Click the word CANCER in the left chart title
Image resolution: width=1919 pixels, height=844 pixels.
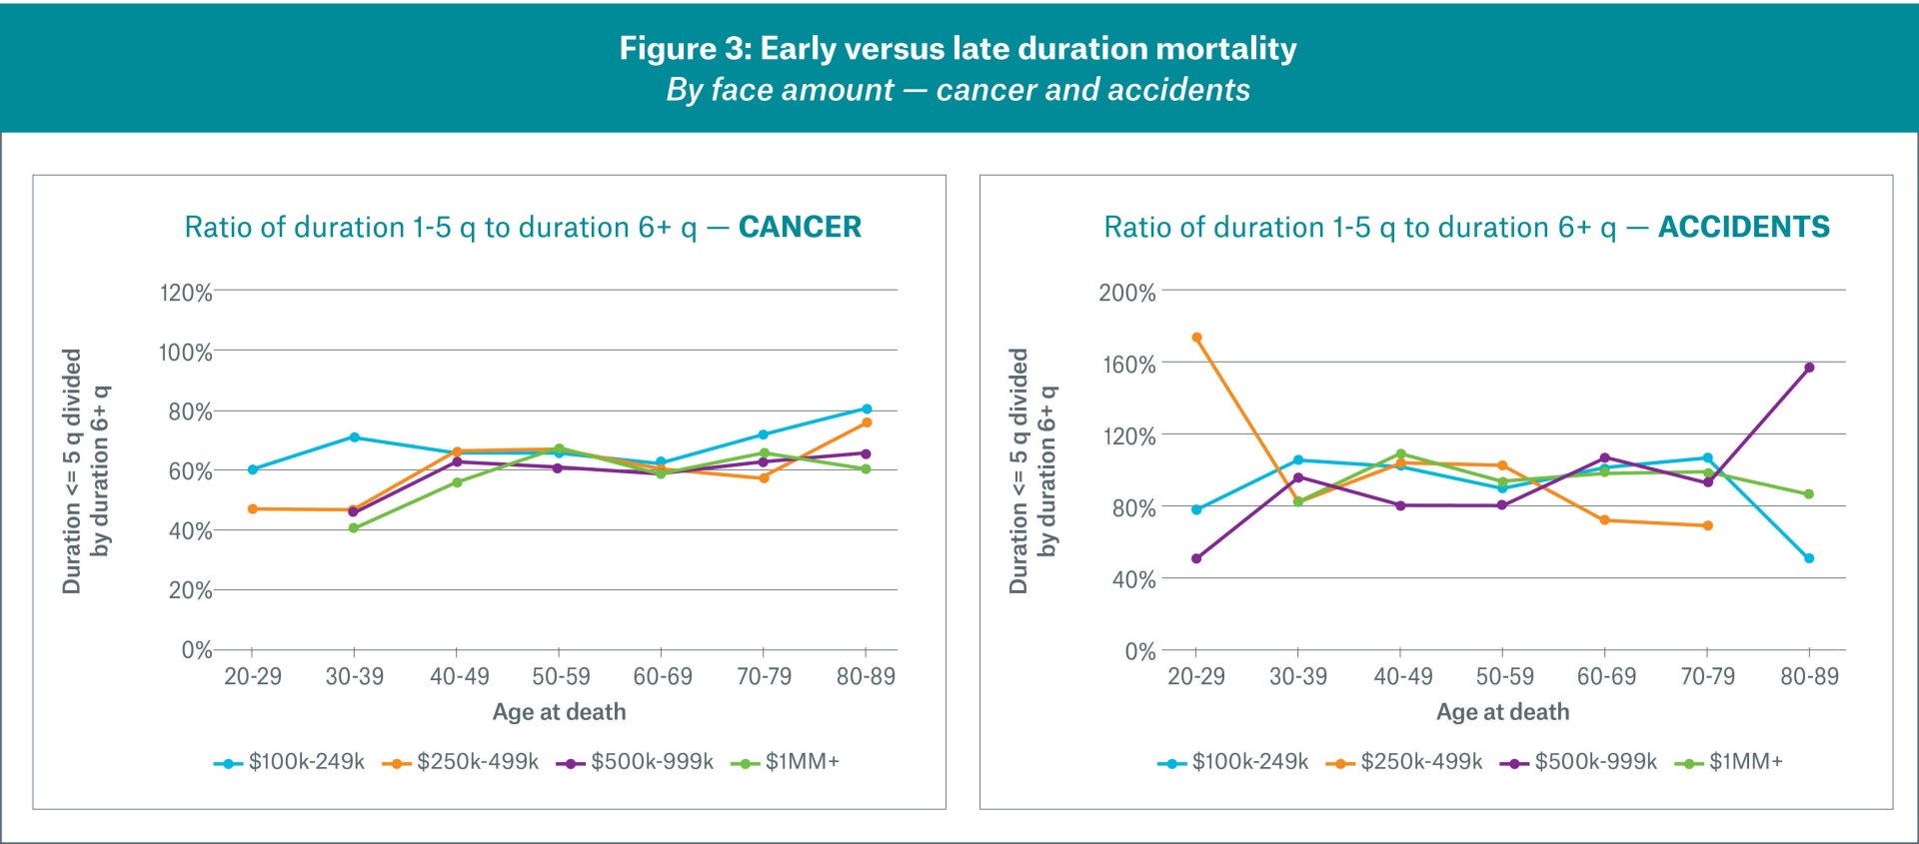[x=800, y=227]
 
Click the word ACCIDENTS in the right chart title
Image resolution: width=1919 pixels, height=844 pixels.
[x=1743, y=227]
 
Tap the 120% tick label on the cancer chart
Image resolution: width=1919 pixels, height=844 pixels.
[x=186, y=293]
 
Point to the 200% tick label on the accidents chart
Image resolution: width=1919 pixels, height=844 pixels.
[x=1127, y=293]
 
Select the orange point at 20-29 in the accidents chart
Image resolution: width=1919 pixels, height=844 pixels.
[x=1196, y=338]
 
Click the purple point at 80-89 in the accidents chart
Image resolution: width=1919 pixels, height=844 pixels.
[x=1809, y=368]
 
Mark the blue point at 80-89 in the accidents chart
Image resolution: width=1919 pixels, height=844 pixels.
[x=1809, y=558]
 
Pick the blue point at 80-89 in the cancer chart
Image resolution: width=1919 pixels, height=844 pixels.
[x=867, y=409]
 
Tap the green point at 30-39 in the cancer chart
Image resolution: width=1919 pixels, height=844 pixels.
[x=354, y=527]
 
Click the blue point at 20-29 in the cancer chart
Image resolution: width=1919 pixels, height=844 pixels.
[x=253, y=469]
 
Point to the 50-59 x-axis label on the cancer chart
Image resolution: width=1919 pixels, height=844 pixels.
[x=561, y=676]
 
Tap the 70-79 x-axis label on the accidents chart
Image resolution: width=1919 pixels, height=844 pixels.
[x=1707, y=676]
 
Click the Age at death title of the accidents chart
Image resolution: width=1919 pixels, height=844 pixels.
[x=1502, y=712]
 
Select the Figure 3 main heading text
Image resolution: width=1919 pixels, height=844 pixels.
[x=958, y=48]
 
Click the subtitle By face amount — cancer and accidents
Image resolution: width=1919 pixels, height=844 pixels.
[x=958, y=90]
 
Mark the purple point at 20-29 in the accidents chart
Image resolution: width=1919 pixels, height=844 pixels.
[x=1196, y=558]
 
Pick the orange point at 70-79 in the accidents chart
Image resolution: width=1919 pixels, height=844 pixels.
[x=1707, y=525]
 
